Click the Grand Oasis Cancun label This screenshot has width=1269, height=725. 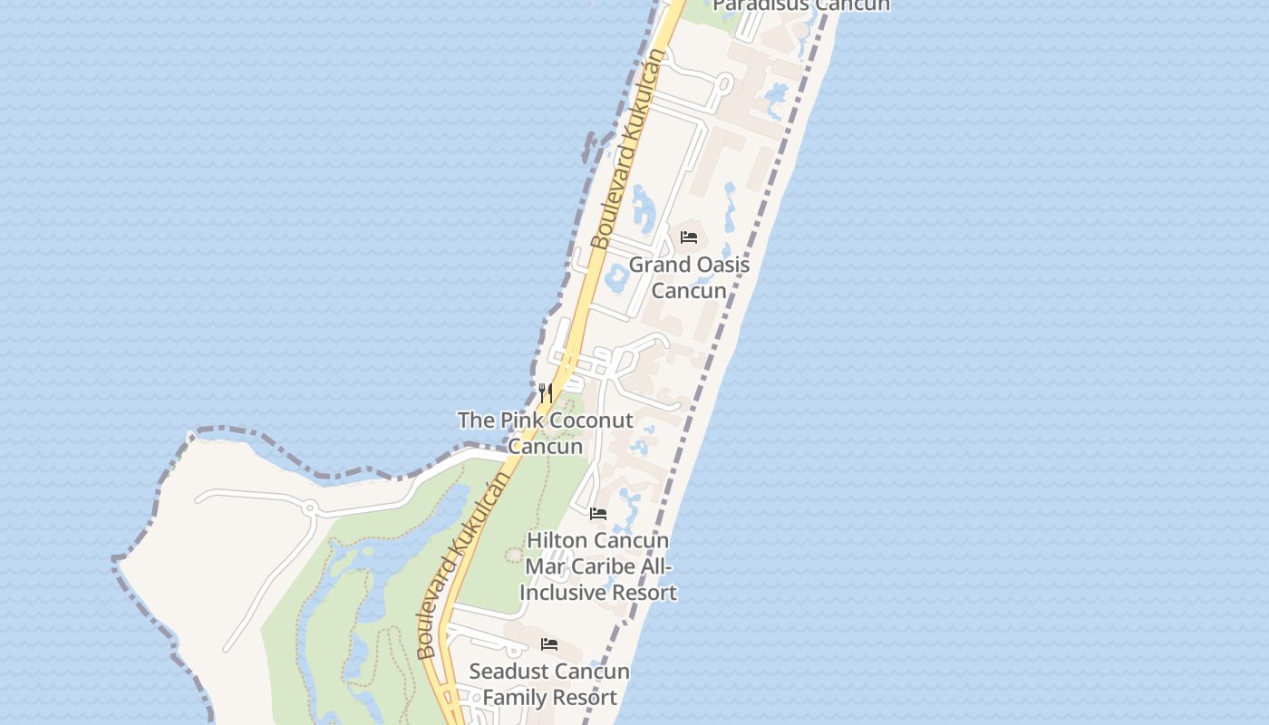pyautogui.click(x=689, y=277)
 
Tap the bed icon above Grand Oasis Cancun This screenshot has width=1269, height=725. pyautogui.click(x=689, y=237)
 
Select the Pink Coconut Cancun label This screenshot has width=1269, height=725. pyautogui.click(x=545, y=433)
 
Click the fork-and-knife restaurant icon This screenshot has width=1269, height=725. pyautogui.click(x=545, y=392)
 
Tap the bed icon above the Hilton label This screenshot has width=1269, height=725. pyautogui.click(x=598, y=513)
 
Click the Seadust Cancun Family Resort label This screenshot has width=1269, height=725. pyautogui.click(x=549, y=684)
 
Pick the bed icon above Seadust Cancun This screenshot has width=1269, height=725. pyautogui.click(x=549, y=644)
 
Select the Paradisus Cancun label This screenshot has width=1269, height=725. pyautogui.click(x=801, y=5)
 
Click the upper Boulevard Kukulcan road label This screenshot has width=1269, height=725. pyautogui.click(x=628, y=150)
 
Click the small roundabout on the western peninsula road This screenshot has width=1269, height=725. pyautogui.click(x=310, y=507)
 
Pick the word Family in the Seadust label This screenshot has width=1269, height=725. pyautogui.click(x=512, y=698)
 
